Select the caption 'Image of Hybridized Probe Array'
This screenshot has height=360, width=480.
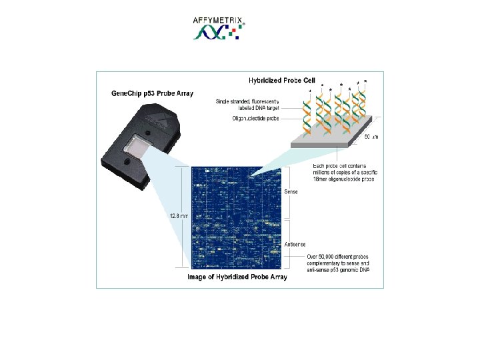coord(237,277)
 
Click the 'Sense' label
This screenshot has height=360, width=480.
coord(291,192)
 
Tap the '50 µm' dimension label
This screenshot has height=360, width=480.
coord(371,137)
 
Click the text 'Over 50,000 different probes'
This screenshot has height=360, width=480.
coord(337,256)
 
